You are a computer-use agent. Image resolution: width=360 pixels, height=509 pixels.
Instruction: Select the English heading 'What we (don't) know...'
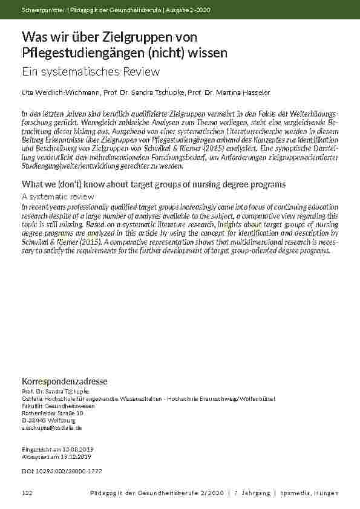click(x=153, y=184)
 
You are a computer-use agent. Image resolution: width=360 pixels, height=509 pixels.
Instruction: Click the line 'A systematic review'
click(x=57, y=196)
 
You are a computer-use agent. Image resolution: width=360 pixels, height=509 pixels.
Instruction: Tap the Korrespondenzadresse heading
click(x=64, y=381)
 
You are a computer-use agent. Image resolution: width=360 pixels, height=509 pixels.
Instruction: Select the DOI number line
click(x=61, y=470)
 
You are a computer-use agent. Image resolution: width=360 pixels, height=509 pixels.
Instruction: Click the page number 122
click(x=27, y=493)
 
